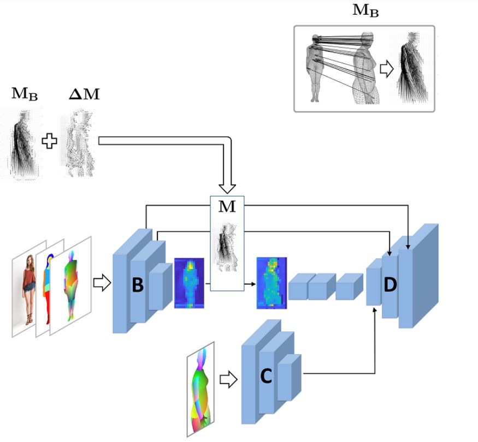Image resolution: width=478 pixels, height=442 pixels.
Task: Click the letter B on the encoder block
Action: tap(138, 285)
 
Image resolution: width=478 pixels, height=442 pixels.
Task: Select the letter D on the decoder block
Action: tap(390, 284)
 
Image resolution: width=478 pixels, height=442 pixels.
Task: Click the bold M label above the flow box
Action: tap(227, 207)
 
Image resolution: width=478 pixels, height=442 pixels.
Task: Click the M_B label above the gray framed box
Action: tap(365, 10)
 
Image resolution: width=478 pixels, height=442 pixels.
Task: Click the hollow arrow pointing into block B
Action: tap(102, 283)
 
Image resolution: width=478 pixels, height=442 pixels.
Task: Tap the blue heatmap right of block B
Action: tap(189, 283)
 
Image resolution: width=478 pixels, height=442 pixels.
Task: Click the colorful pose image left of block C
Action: tap(200, 389)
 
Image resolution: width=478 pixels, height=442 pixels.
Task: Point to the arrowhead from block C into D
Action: tap(375, 309)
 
